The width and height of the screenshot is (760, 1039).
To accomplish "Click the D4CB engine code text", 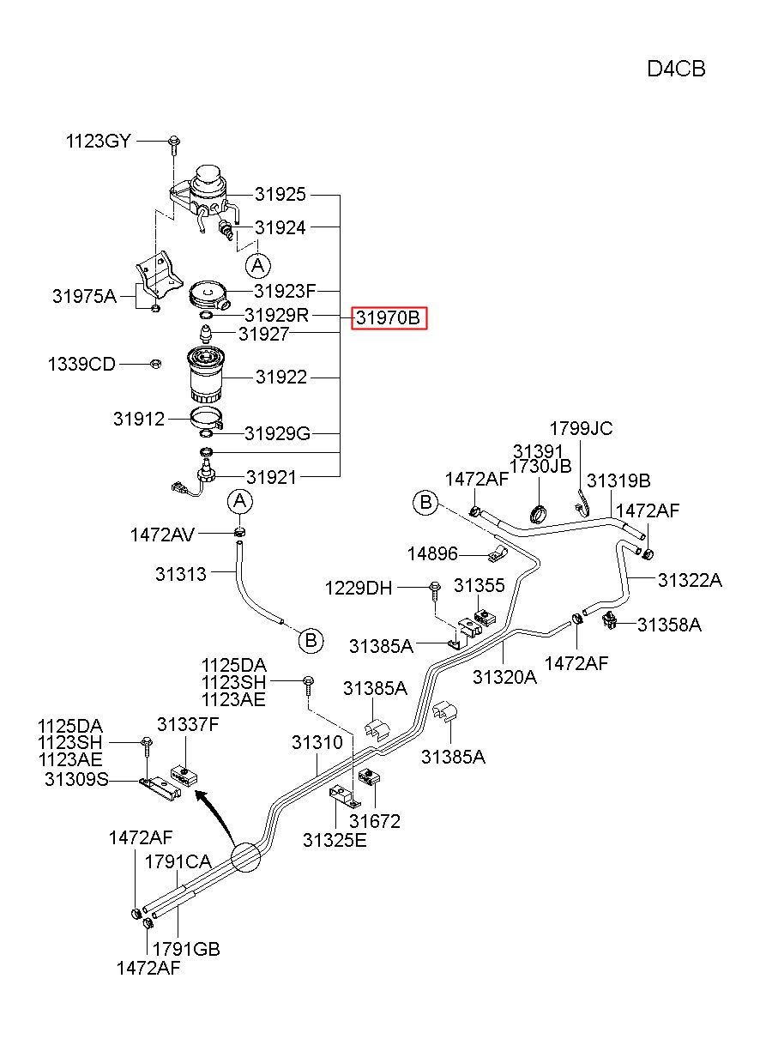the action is click(676, 69).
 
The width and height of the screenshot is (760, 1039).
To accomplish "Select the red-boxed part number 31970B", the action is click(389, 317).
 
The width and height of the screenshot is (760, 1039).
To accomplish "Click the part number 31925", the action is click(280, 195).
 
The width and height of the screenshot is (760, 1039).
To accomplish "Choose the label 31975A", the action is click(84, 295).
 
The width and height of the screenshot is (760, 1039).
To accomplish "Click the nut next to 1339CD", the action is click(155, 364).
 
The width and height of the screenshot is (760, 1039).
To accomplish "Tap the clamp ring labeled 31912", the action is click(208, 418).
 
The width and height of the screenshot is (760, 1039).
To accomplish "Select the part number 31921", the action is click(271, 477).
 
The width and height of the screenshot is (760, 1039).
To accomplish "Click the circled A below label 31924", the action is click(258, 266).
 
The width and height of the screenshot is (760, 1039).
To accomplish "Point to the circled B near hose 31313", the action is click(311, 641).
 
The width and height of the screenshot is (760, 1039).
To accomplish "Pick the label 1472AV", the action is click(162, 535).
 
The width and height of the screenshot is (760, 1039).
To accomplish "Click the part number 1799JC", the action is click(581, 428).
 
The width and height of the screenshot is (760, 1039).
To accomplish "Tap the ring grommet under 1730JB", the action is click(539, 513).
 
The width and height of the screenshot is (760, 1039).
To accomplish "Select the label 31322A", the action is click(690, 580).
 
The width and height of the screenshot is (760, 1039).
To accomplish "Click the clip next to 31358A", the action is click(609, 620).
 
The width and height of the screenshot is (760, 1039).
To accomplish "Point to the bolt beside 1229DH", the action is click(435, 591).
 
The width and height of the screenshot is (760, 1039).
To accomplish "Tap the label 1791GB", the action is click(186, 949).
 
